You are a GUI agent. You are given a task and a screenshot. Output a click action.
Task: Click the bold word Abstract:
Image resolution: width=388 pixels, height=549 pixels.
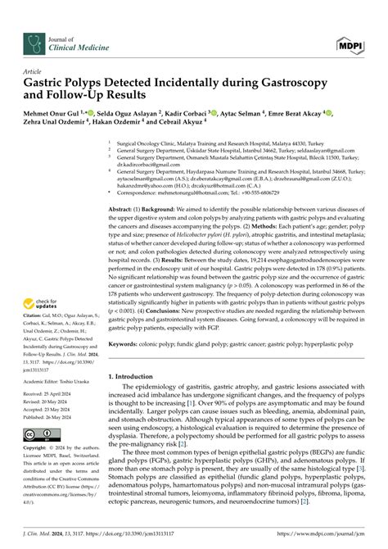click(x=125, y=209)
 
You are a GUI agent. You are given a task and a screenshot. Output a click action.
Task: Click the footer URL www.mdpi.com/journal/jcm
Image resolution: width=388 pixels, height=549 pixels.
click(x=336, y=536)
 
